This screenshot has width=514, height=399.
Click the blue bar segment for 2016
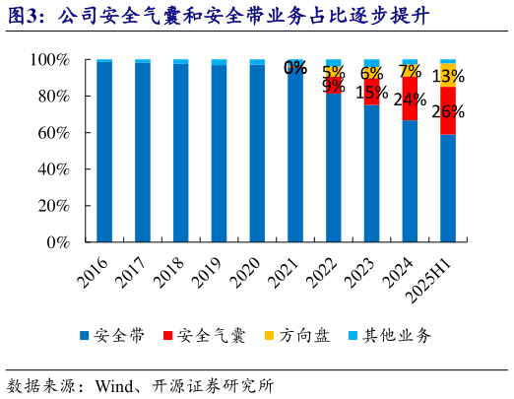pos(104,152)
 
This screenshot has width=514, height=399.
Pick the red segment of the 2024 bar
pos(410,100)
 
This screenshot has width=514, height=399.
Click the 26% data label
pos(448,111)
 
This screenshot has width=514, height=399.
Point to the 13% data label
pos(449,76)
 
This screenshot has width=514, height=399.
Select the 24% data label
pos(410,100)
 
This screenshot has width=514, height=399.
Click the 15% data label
pos(371,93)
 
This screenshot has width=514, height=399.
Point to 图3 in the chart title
pos(22,17)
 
